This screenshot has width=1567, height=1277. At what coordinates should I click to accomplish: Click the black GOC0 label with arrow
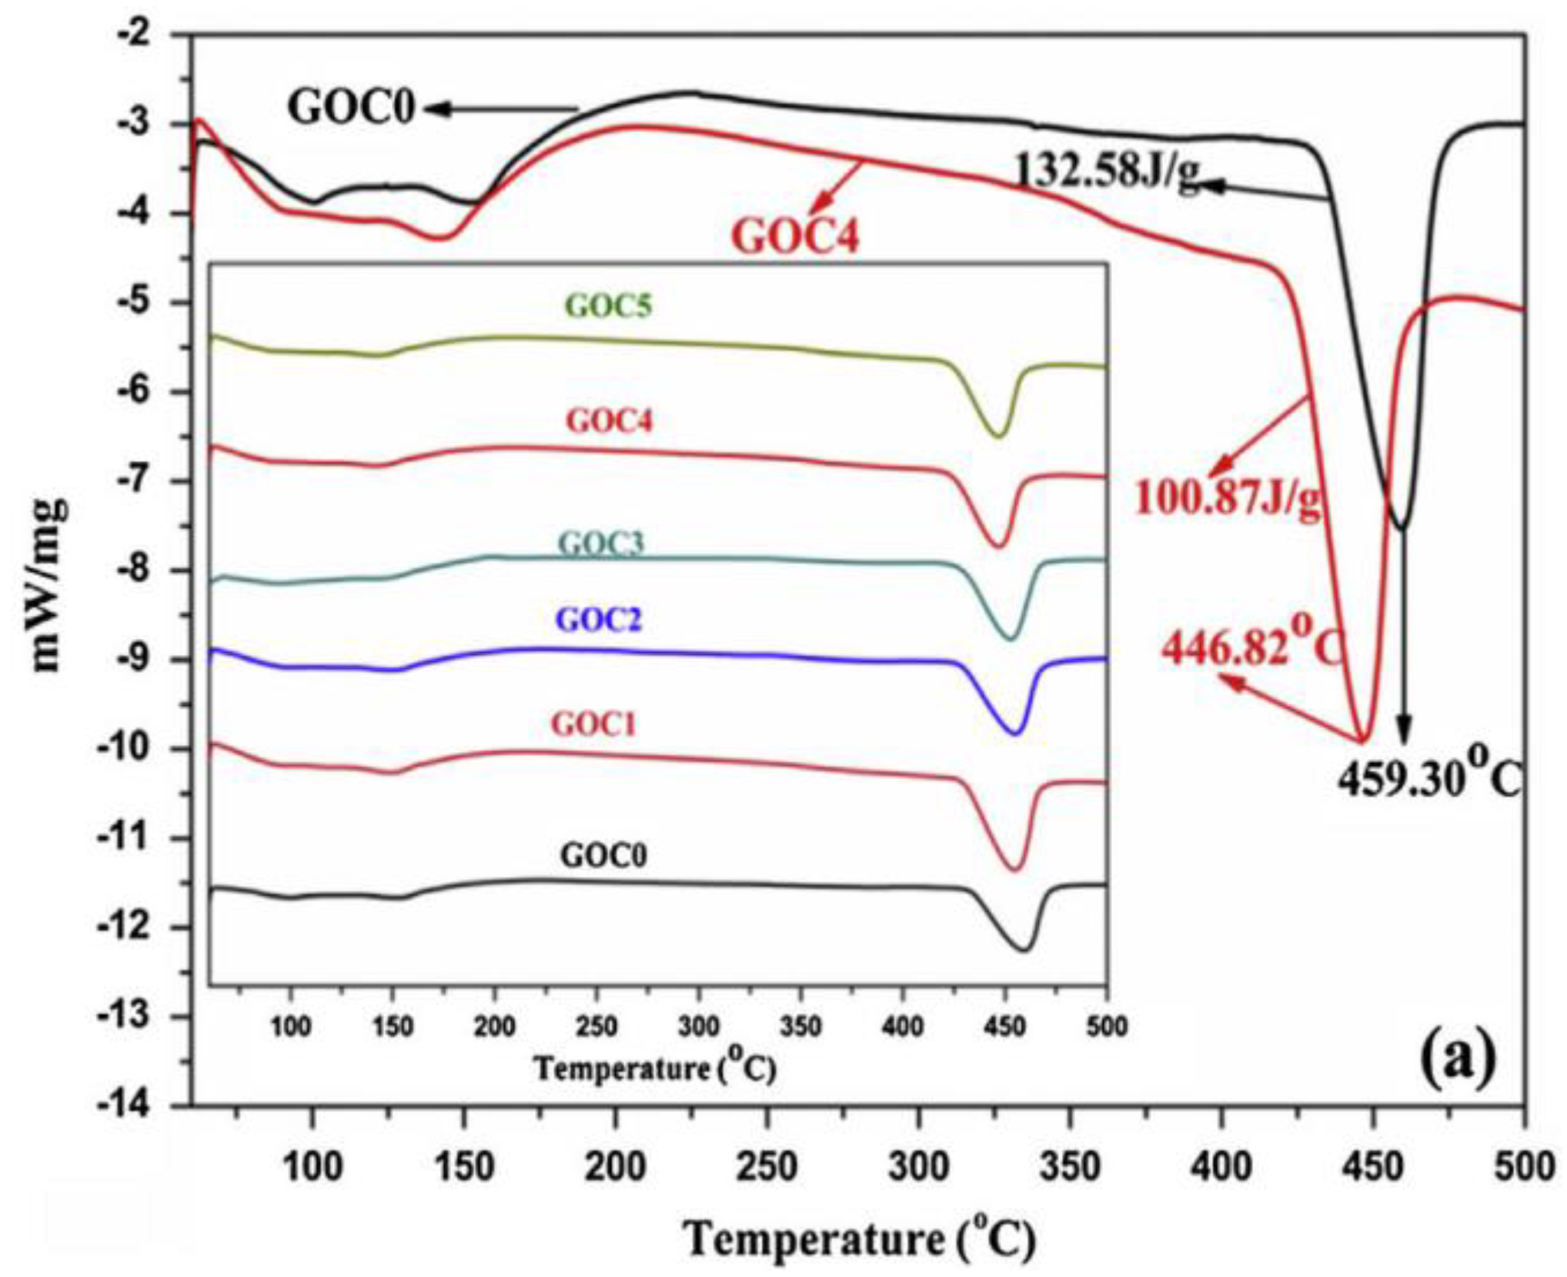pos(352,108)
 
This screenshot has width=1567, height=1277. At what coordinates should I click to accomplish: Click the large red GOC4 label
pos(794,236)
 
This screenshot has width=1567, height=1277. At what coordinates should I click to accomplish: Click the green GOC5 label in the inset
pos(609,306)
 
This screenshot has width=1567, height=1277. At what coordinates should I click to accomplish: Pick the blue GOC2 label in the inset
pos(600,620)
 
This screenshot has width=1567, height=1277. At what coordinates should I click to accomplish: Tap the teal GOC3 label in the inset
pos(601,543)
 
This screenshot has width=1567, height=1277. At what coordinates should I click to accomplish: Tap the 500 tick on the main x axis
pos(1524,1168)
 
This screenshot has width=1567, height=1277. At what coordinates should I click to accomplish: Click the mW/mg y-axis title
pos(48,585)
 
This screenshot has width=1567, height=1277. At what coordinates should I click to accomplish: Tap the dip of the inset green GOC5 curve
pos(998,436)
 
